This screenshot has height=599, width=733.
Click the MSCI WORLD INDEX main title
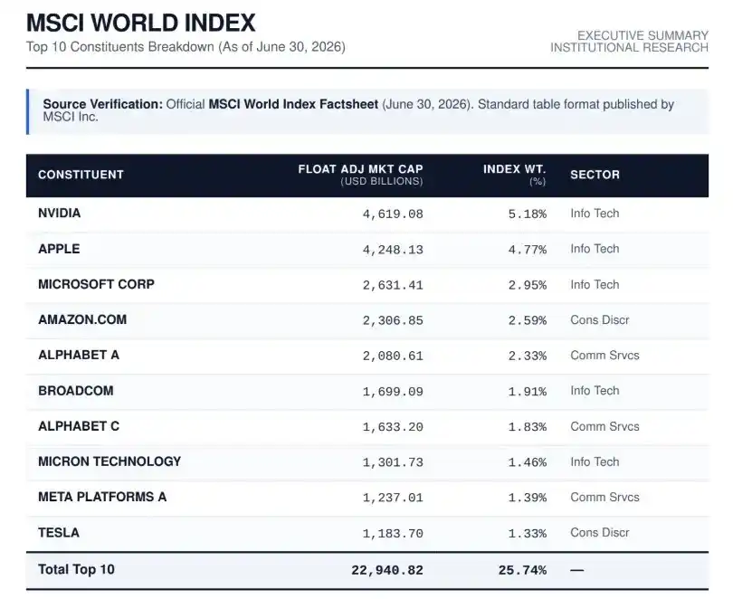pyautogui.click(x=140, y=23)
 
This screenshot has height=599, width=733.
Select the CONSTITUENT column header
pyautogui.click(x=81, y=175)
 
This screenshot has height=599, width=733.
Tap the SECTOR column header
pyautogui.click(x=595, y=175)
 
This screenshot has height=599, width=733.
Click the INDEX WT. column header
pyautogui.click(x=514, y=169)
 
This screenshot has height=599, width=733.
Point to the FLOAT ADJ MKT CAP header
pyautogui.click(x=360, y=169)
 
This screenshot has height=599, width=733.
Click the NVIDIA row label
pyautogui.click(x=60, y=213)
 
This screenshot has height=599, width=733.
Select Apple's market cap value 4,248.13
pyautogui.click(x=393, y=250)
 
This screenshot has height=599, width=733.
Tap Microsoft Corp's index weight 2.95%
pyautogui.click(x=528, y=285)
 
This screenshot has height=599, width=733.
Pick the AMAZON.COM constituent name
pyautogui.click(x=82, y=319)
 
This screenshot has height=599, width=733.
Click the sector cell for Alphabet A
pyautogui.click(x=604, y=355)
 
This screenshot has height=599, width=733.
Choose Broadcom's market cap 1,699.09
pyautogui.click(x=393, y=392)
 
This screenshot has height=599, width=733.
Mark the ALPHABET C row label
pyautogui.click(x=79, y=426)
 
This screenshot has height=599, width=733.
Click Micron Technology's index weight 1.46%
pyautogui.click(x=528, y=462)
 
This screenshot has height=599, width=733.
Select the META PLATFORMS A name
pyautogui.click(x=102, y=497)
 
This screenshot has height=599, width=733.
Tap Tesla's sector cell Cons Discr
pyautogui.click(x=600, y=533)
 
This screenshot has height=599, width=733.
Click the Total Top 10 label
pyautogui.click(x=76, y=569)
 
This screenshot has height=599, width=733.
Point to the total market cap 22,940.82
pyautogui.click(x=387, y=571)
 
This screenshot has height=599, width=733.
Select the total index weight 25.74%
pyautogui.click(x=522, y=571)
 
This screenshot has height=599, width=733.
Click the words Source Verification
pyautogui.click(x=103, y=104)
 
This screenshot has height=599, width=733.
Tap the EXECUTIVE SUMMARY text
pyautogui.click(x=643, y=35)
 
